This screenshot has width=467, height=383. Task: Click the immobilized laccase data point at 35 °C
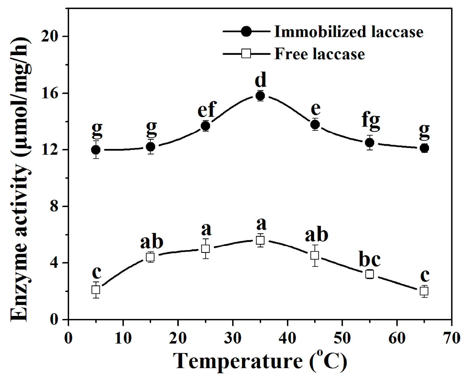[x=260, y=96]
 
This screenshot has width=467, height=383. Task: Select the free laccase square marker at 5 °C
[x=96, y=290]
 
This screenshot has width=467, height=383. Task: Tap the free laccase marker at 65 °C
[x=424, y=291]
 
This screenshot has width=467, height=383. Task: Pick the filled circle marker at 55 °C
[x=369, y=143]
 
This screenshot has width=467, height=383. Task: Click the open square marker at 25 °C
[x=206, y=249]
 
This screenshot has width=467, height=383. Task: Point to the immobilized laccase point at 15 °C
[x=151, y=147]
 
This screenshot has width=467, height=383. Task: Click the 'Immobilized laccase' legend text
[x=349, y=32]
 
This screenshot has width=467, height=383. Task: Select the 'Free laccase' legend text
[x=319, y=54]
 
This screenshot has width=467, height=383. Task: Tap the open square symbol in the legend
[x=246, y=54]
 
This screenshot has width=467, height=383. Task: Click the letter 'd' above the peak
[x=261, y=80]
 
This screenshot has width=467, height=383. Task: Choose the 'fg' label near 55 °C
[x=371, y=120]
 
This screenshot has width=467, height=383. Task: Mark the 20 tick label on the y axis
[x=50, y=36]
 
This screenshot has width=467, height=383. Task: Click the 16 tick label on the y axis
[x=50, y=93]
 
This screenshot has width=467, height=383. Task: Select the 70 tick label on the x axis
[x=452, y=338]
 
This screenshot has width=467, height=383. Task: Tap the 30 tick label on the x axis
[x=233, y=338]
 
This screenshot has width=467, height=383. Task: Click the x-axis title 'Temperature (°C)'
[x=260, y=361]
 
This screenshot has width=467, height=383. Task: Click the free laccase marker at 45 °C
[x=315, y=255]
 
